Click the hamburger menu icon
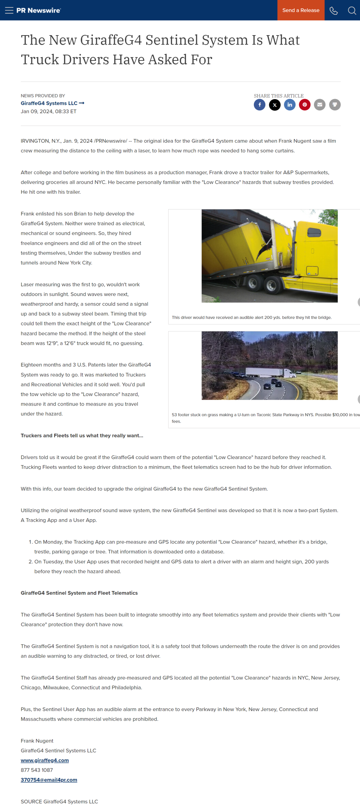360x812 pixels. (x=9, y=10)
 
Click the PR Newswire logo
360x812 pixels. (x=39, y=10)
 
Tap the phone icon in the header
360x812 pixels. (x=334, y=11)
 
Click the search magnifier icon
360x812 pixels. (x=352, y=11)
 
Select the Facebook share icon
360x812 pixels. (x=259, y=105)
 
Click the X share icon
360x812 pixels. (x=275, y=105)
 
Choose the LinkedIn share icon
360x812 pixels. (x=290, y=105)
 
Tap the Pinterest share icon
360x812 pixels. (x=305, y=105)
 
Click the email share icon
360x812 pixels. (x=320, y=105)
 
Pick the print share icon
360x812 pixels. (x=335, y=105)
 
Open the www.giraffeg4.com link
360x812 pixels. (x=45, y=760)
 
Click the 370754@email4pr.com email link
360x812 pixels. (x=49, y=780)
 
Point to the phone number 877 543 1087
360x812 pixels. (x=37, y=770)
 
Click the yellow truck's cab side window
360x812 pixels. (x=314, y=232)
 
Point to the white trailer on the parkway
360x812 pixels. (x=265, y=372)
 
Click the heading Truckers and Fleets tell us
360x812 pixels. (x=82, y=436)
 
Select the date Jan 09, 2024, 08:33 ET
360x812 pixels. (x=49, y=111)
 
